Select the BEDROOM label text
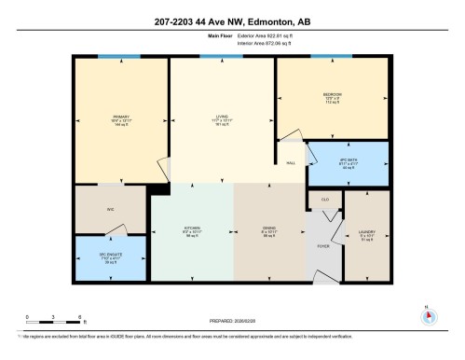pos(332,95)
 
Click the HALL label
pos(292,162)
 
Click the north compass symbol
pos(428,315)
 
